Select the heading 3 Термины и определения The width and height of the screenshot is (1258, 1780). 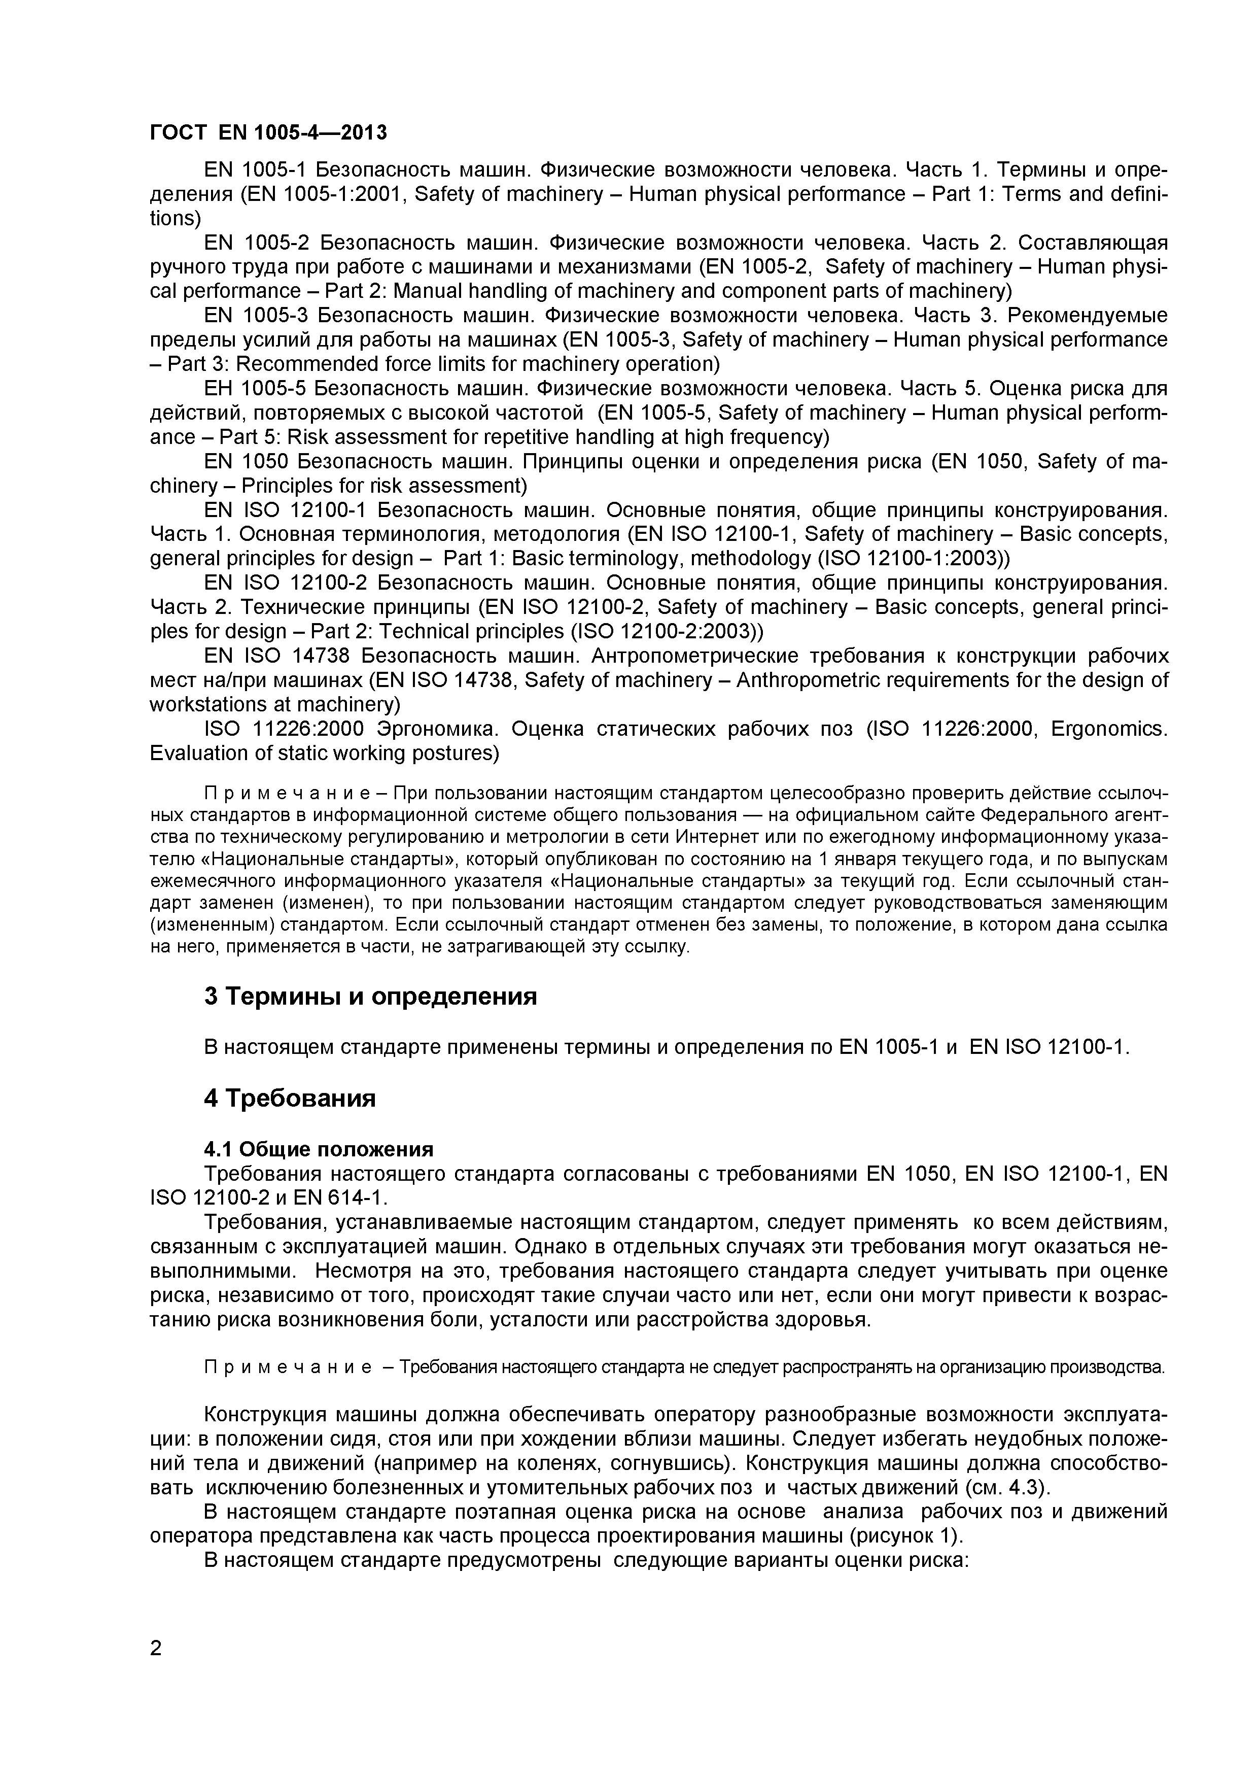tap(370, 996)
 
